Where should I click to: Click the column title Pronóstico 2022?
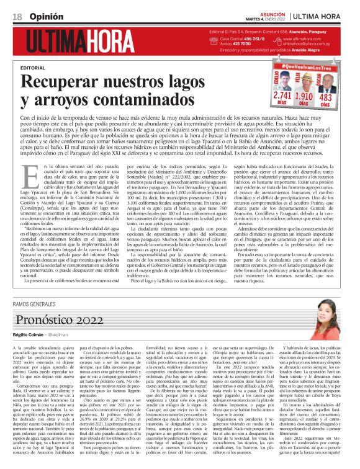click(x=60, y=319)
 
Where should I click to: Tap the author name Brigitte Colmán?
click(x=29, y=333)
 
